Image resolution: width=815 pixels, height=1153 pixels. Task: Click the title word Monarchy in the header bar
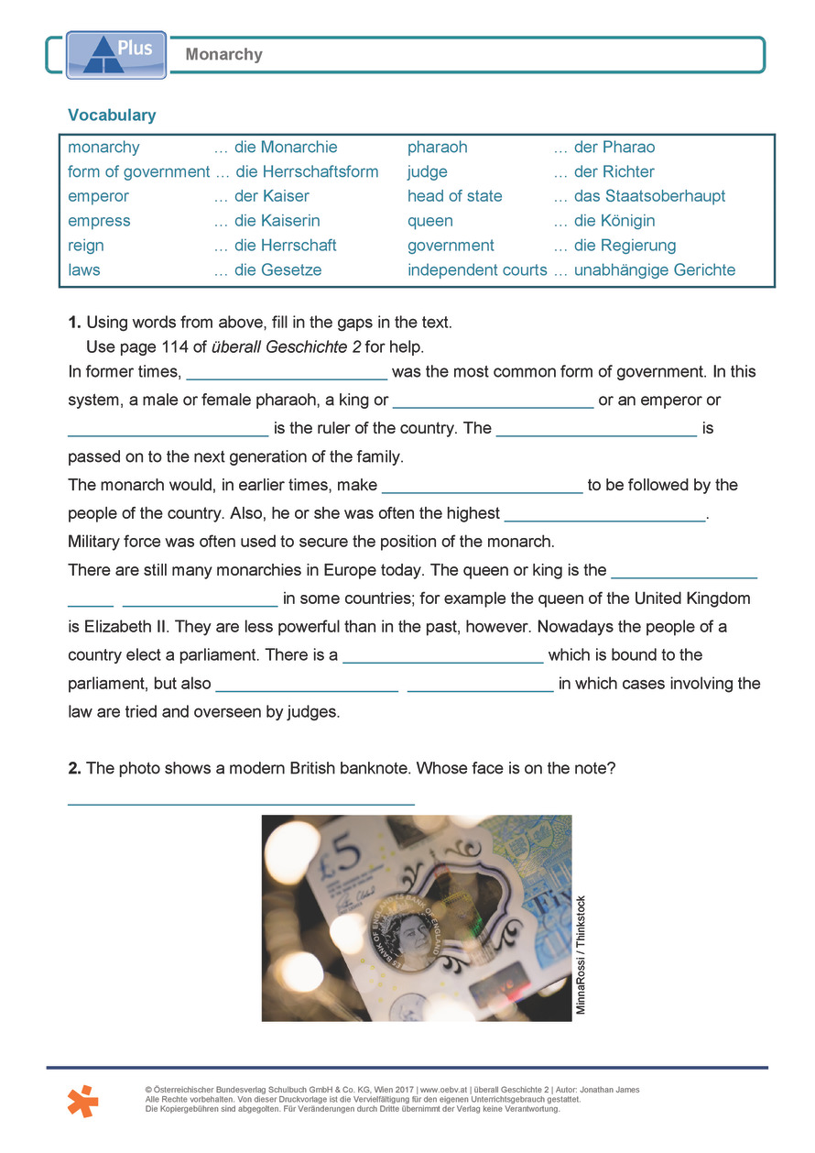pyautogui.click(x=223, y=55)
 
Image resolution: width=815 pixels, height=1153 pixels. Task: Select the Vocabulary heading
pyautogui.click(x=112, y=115)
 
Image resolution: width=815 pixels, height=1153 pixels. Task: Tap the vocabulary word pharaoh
pyautogui.click(x=437, y=148)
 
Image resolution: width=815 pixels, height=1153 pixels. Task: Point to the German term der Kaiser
pyautogui.click(x=272, y=196)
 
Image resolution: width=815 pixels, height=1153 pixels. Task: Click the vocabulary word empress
pyautogui.click(x=99, y=221)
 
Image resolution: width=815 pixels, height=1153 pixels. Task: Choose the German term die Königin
pyautogui.click(x=614, y=221)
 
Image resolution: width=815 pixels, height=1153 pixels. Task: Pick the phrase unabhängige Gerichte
pyautogui.click(x=654, y=270)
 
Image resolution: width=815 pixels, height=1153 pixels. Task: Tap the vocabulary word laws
pyautogui.click(x=84, y=270)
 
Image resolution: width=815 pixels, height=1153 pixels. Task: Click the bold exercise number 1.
pyautogui.click(x=74, y=323)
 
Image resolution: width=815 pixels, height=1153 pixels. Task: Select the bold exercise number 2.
pyautogui.click(x=74, y=768)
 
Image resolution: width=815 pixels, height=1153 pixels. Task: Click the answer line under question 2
pyautogui.click(x=241, y=802)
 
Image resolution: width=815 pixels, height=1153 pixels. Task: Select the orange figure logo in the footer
pyautogui.click(x=82, y=1101)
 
